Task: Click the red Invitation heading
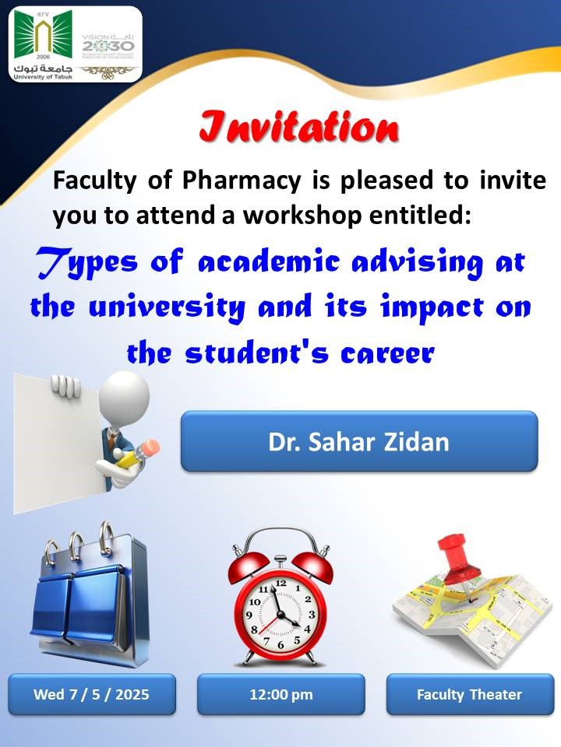(298, 128)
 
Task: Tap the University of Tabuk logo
(43, 45)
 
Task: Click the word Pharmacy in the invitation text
(242, 181)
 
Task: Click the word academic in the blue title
(269, 262)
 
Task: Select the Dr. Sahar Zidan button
(359, 441)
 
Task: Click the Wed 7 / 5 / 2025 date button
(92, 694)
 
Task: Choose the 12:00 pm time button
(281, 694)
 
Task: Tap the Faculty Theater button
(470, 694)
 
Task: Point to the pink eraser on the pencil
(150, 447)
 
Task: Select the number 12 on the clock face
(281, 583)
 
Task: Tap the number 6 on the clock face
(280, 645)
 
